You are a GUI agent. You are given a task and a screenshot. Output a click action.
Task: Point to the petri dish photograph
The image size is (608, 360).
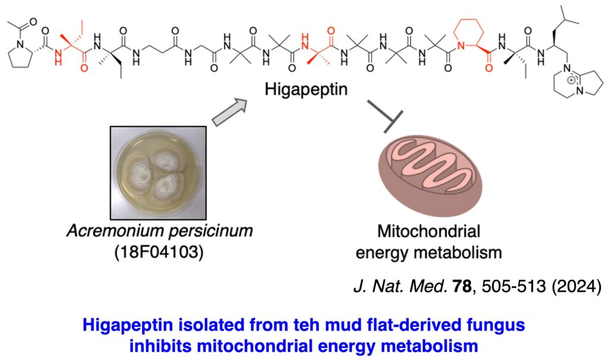coord(161,173)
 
